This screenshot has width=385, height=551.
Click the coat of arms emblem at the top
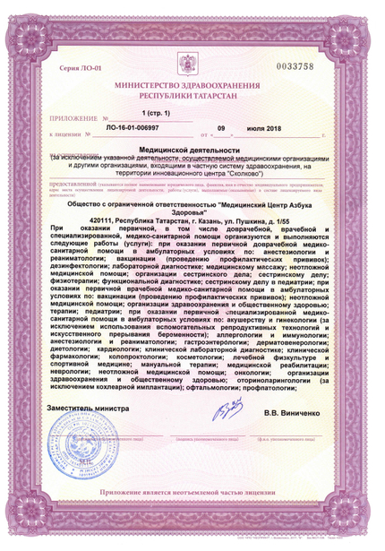tap(192, 65)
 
